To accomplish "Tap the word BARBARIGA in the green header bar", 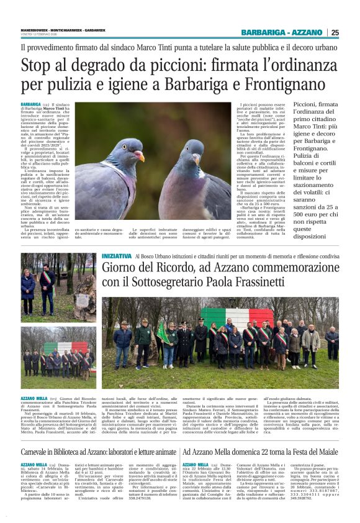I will pyautogui.click(x=263, y=32).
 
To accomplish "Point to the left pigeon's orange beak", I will pyautogui.click(x=140, y=156).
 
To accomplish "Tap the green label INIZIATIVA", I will pyautogui.click(x=117, y=256).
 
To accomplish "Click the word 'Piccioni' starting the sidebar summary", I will pyautogui.click(x=309, y=106).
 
